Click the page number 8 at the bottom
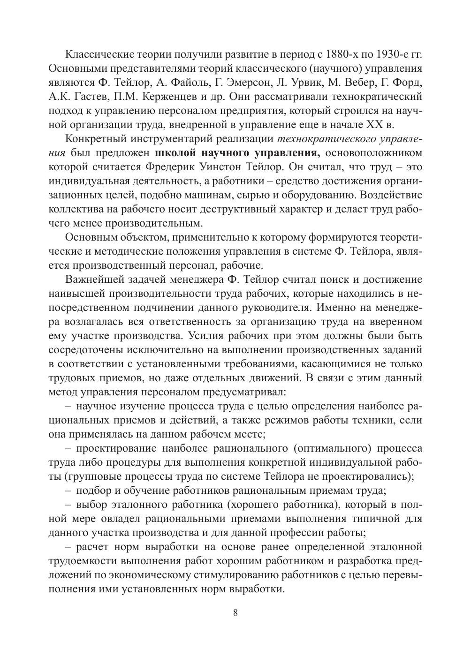pyautogui.click(x=235, y=613)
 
